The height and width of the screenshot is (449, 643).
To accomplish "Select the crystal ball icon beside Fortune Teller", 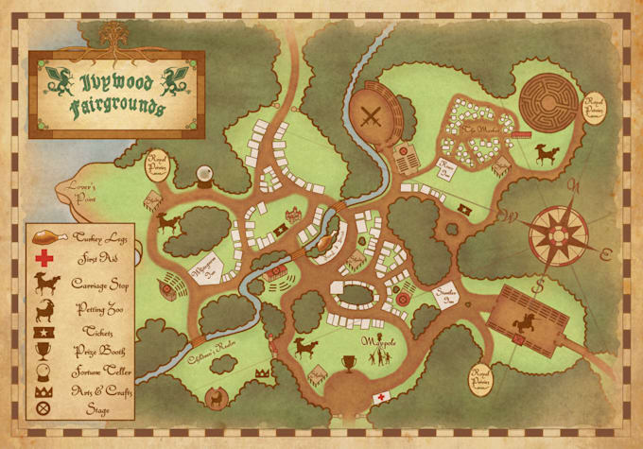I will (x=43, y=371).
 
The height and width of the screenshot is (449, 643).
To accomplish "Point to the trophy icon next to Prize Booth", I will (x=43, y=349).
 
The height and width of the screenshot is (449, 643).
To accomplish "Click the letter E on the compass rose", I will (x=603, y=252).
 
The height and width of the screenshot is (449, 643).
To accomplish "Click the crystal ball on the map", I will (x=203, y=175).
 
